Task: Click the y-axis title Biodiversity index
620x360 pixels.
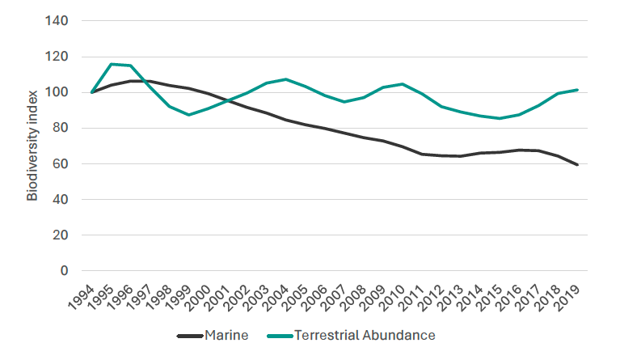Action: [32, 146]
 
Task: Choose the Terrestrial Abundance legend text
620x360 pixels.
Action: [365, 335]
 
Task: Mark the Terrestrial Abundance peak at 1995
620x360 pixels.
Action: [111, 64]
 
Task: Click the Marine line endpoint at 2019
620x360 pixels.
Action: [576, 165]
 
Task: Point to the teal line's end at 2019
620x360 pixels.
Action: [576, 90]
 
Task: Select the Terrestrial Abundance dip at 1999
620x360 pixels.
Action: [188, 115]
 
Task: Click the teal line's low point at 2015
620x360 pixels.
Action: [499, 118]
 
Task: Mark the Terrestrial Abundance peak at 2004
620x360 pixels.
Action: [285, 79]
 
